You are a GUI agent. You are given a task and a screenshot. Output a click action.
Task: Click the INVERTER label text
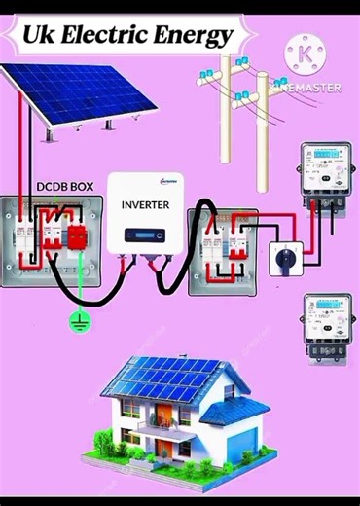click(146, 205)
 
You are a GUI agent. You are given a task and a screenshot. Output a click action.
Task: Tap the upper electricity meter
click(326, 175)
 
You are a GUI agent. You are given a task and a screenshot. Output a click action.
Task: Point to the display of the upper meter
click(325, 156)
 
